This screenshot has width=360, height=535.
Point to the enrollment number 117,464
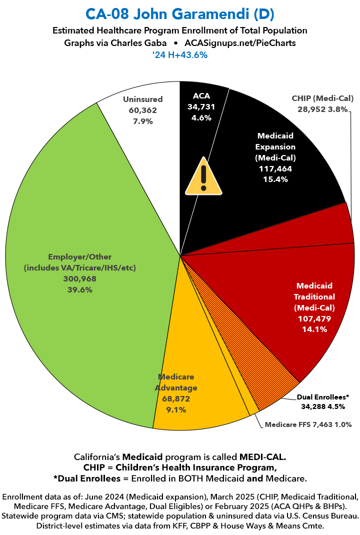(x=275, y=169)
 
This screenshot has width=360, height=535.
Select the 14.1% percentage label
(x=314, y=328)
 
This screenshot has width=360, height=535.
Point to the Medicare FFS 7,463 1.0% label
(x=308, y=424)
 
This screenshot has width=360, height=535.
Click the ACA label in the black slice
(x=202, y=95)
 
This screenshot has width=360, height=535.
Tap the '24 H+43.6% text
(x=180, y=55)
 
